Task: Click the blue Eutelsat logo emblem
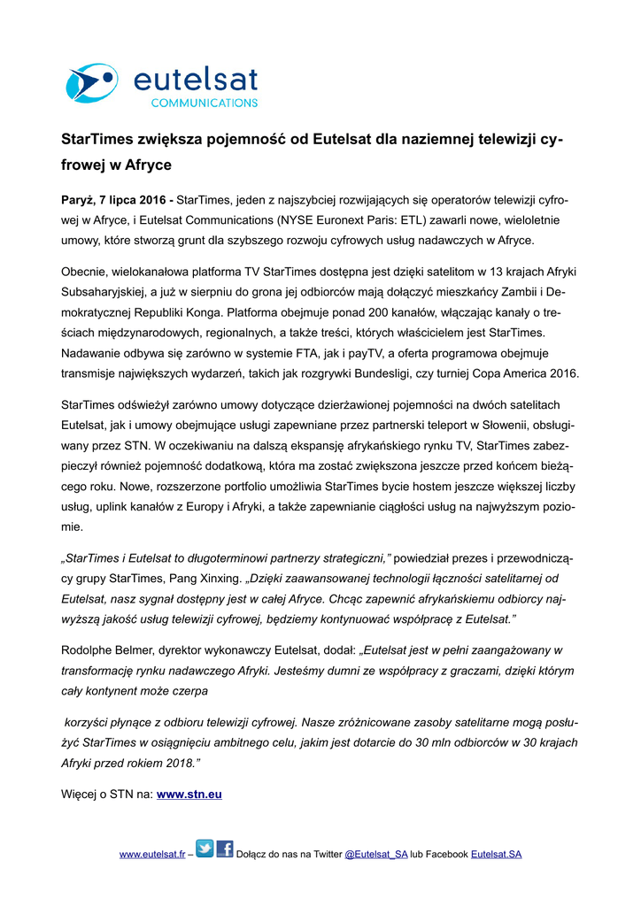coord(92,83)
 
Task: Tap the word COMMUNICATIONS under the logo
coord(203,103)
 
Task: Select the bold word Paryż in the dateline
coord(78,200)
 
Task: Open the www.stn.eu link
coord(189,795)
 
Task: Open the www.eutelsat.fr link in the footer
coord(151,855)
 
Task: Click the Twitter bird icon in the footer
coord(205,850)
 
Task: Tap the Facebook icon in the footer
coord(225,850)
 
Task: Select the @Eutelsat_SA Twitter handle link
coord(375,855)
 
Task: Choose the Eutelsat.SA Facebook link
coord(496,855)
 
